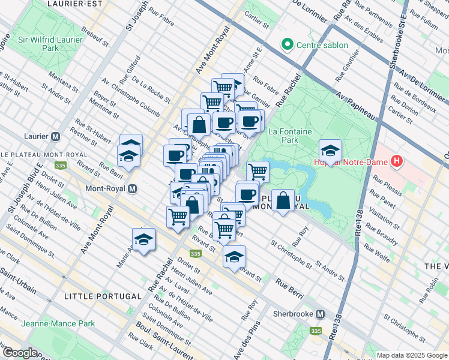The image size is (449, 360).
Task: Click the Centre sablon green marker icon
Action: pyautogui.click(x=288, y=44)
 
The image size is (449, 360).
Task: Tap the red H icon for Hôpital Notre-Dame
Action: pyautogui.click(x=396, y=161)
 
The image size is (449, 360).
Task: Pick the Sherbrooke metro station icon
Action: pyautogui.click(x=321, y=314)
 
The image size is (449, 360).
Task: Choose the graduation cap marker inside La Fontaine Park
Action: pyautogui.click(x=330, y=152)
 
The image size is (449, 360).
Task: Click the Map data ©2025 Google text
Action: pyautogui.click(x=411, y=355)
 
